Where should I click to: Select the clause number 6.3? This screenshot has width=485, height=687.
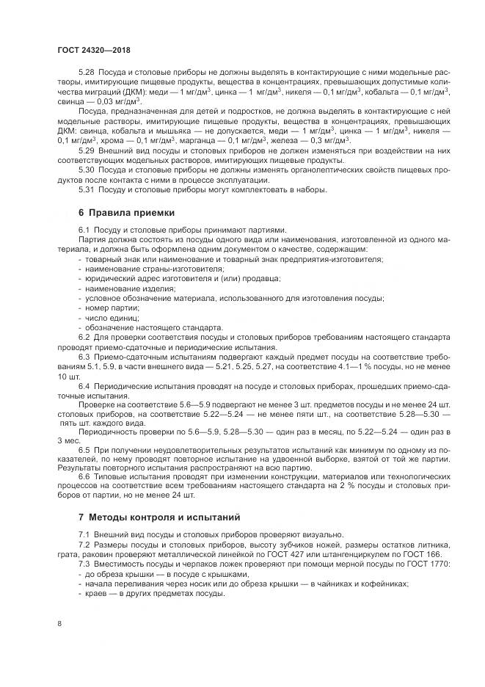[84, 357]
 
